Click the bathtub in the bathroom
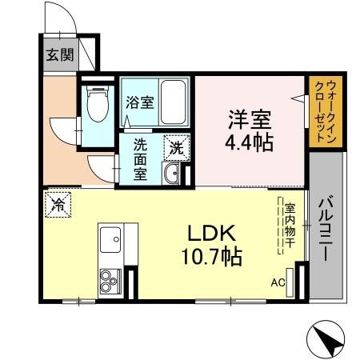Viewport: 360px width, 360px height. click(x=173, y=102)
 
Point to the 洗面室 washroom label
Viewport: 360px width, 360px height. click(x=140, y=159)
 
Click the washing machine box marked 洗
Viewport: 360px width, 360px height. click(x=174, y=147)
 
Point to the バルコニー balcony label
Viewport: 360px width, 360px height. click(x=327, y=231)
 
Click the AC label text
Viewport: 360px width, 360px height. click(x=278, y=282)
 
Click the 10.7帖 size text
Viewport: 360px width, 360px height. click(x=210, y=258)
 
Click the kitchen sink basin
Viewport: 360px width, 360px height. click(x=110, y=238)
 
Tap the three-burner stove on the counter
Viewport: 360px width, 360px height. click(x=109, y=281)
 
